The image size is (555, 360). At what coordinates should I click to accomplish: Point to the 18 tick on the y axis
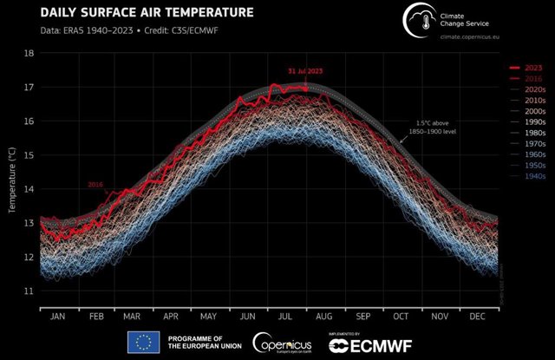29,53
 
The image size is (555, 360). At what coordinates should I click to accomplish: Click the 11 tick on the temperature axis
29,291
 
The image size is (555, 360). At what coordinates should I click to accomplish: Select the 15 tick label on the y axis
29,154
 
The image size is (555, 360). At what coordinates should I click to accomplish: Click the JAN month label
57,317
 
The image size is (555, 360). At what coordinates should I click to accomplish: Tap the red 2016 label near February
95,185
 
